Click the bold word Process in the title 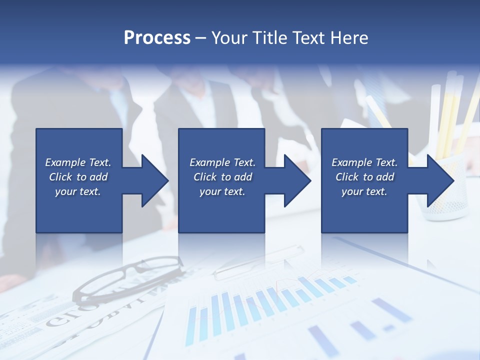157,38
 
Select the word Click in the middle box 205,177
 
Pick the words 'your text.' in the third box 364,191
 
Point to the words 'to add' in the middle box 236,177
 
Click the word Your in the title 225,38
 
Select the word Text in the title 308,38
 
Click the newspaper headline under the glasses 90,312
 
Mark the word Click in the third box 347,177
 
